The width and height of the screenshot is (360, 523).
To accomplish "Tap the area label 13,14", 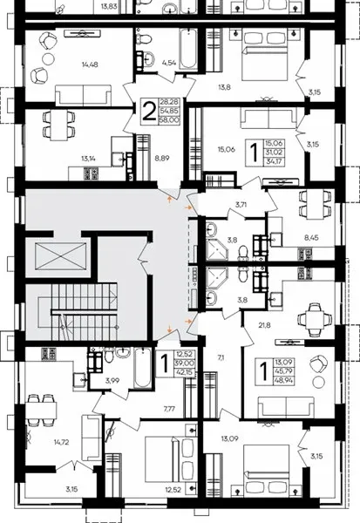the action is point(88,159).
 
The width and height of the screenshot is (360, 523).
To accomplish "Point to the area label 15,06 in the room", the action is point(227,149).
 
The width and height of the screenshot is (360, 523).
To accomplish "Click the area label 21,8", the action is point(264,325).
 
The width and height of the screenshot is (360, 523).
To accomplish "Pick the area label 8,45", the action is point(311,238).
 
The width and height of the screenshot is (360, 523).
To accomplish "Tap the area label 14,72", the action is point(62,443).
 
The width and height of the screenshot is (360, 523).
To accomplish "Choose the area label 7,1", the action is point(221,358).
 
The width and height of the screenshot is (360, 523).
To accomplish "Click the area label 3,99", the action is point(112,381).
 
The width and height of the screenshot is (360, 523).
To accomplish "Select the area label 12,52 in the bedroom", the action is point(173,490).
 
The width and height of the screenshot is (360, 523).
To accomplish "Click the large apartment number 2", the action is point(149,111).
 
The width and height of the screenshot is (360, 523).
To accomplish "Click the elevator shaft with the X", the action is point(60,255).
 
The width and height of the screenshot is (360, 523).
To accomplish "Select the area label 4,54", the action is point(169,63).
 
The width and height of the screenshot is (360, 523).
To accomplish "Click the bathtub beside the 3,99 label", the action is point(144,368).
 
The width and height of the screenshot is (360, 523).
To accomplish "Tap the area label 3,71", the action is point(241,205).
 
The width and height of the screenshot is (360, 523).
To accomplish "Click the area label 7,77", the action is point(169,408).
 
